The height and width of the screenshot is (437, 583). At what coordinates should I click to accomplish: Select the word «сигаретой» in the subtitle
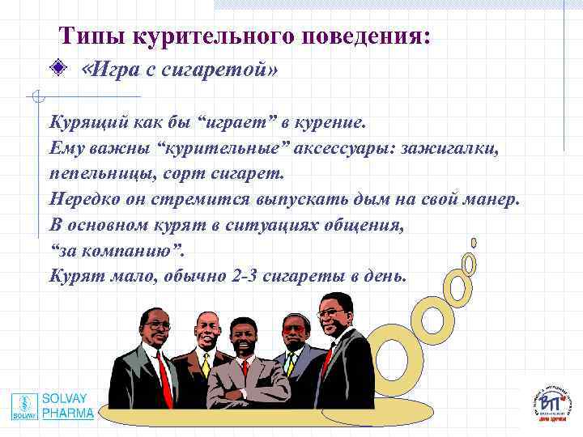[219, 70]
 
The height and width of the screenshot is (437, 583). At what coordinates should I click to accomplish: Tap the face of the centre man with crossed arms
[242, 335]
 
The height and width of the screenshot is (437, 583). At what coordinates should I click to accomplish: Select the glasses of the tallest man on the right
[330, 312]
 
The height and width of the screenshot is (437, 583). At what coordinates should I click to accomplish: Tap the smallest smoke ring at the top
[474, 242]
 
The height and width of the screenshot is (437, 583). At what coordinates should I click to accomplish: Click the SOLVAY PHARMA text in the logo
[68, 405]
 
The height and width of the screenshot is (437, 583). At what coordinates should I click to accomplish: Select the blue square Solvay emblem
[25, 406]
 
